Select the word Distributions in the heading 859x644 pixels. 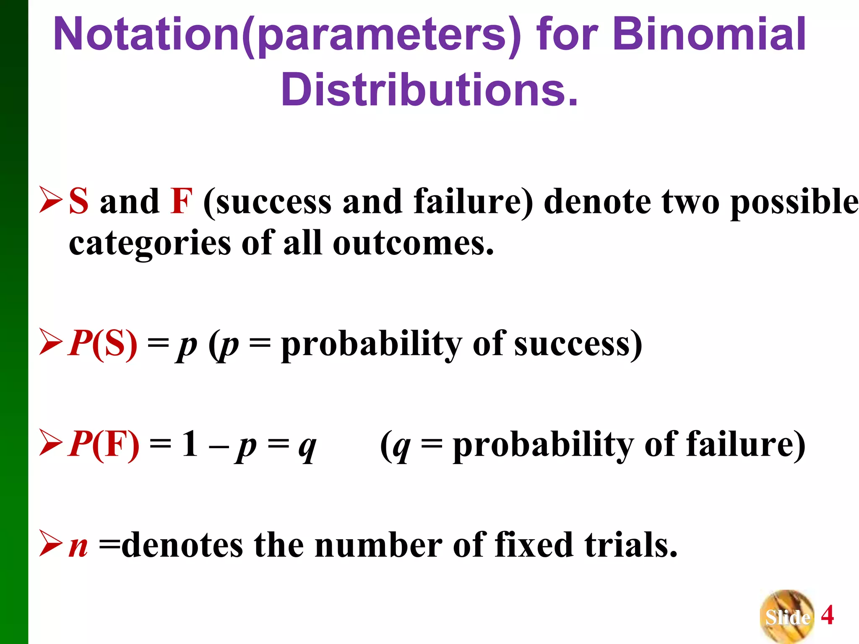tap(429, 90)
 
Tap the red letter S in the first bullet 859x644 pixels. tap(79, 201)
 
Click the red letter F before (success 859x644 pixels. tap(181, 201)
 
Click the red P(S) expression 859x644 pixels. tap(103, 344)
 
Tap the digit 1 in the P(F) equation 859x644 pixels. tap(190, 444)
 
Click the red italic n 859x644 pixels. tap(79, 547)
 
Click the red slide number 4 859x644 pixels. tap(827, 615)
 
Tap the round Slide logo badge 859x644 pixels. tap(787, 616)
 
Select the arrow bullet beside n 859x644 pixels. tap(50, 543)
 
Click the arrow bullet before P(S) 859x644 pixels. tap(50, 342)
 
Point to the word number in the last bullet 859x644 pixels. tap(378, 545)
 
